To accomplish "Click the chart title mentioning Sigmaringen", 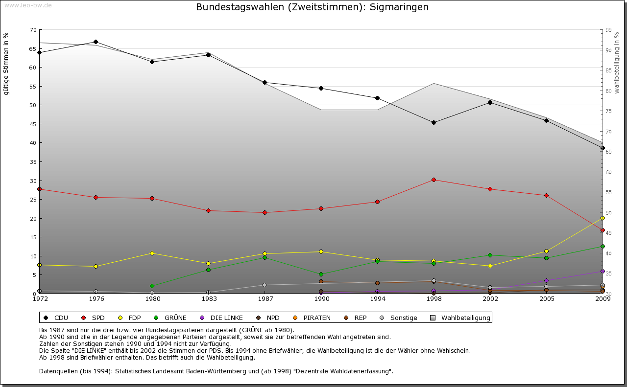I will pyautogui.click(x=312, y=7).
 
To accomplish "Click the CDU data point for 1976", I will pyautogui.click(x=96, y=42).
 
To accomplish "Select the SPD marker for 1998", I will pyautogui.click(x=434, y=180).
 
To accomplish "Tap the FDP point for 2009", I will pyautogui.click(x=603, y=218).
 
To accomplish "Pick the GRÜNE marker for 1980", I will pyautogui.click(x=152, y=286).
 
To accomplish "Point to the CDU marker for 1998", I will pyautogui.click(x=434, y=122).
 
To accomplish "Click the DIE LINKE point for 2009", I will pyautogui.click(x=603, y=271).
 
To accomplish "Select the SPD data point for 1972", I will pyautogui.click(x=39, y=189).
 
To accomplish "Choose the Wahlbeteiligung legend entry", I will pyautogui.click(x=465, y=318).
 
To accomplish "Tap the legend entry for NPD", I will pyautogui.click(x=273, y=318).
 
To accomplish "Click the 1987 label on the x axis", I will pyautogui.click(x=265, y=299).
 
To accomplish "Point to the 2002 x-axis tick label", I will pyautogui.click(x=490, y=299).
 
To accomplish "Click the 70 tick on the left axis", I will pyautogui.click(x=33, y=30).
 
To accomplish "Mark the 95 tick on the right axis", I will pyautogui.click(x=608, y=30).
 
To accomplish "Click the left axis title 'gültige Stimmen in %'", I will pyautogui.click(x=6, y=64).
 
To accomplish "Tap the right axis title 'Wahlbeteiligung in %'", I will pyautogui.click(x=617, y=63).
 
